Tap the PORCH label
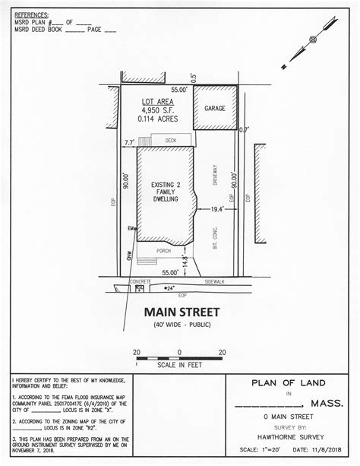point(163,249)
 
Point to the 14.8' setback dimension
point(185,261)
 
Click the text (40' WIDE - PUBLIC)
point(181,325)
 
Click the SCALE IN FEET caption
point(179,364)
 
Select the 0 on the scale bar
point(179,351)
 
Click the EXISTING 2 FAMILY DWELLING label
point(166,190)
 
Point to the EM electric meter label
point(131,228)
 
